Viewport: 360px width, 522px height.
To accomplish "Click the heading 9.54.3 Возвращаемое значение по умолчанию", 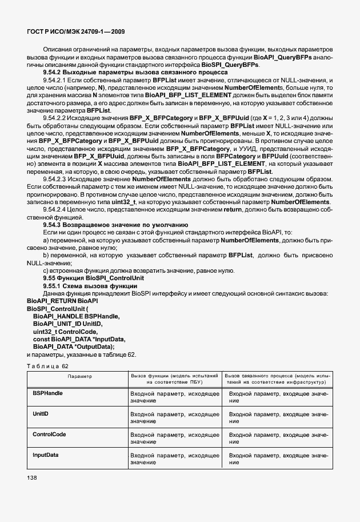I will [x=119, y=225].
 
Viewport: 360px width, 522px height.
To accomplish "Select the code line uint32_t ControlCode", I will [x=65, y=332].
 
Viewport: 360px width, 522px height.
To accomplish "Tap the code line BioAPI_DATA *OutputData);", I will [x=74, y=346].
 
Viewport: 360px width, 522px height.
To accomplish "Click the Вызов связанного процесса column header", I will [x=277, y=380].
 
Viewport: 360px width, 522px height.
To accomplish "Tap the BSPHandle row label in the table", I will [x=48, y=394].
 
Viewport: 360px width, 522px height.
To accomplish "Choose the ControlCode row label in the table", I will [x=49, y=435].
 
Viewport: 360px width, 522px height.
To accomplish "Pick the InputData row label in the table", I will [x=46, y=455].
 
